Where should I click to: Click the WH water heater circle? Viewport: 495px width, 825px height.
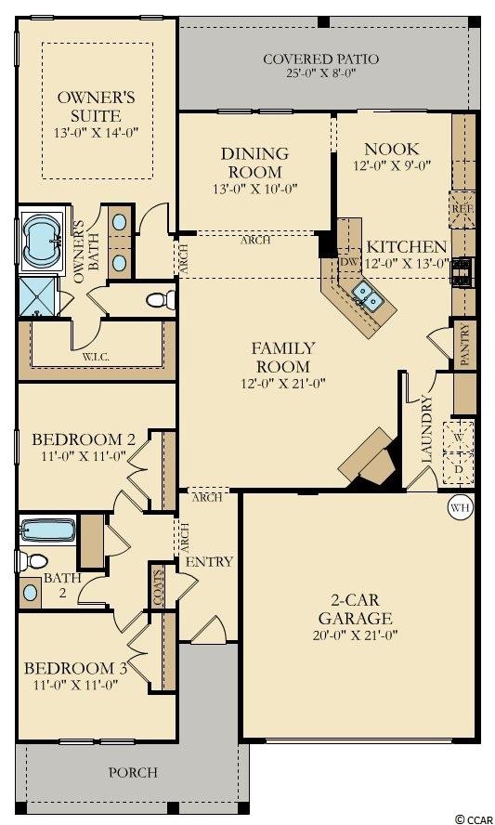coord(461,508)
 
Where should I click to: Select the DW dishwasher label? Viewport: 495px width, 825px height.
coord(349,262)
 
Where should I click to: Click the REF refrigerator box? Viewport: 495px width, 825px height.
coord(462,209)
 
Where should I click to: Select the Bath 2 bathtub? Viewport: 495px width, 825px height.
coord(48,530)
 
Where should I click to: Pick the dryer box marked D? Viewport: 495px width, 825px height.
coord(459,467)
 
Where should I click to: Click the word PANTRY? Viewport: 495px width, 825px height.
coord(465,345)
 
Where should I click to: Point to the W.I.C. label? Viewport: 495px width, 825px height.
coord(96,358)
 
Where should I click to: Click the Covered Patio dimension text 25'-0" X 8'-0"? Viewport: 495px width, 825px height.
coord(321,73)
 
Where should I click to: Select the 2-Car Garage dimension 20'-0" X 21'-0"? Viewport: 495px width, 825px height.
coord(355,635)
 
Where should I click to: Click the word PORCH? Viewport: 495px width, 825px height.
coord(133,772)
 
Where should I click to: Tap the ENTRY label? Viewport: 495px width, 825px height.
coord(209,562)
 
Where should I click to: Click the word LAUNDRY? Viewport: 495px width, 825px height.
coord(427,429)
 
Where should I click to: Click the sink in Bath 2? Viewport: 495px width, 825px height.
coord(30,593)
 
